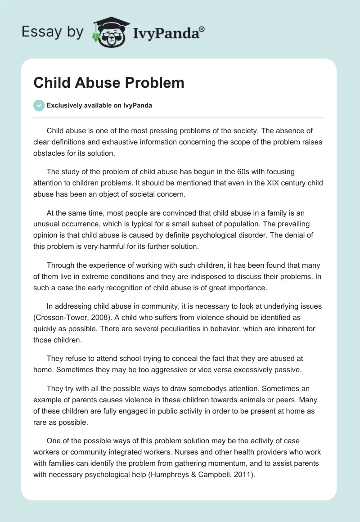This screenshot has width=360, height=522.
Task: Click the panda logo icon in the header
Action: pos(110,32)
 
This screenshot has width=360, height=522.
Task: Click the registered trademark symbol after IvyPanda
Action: pos(202,29)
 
